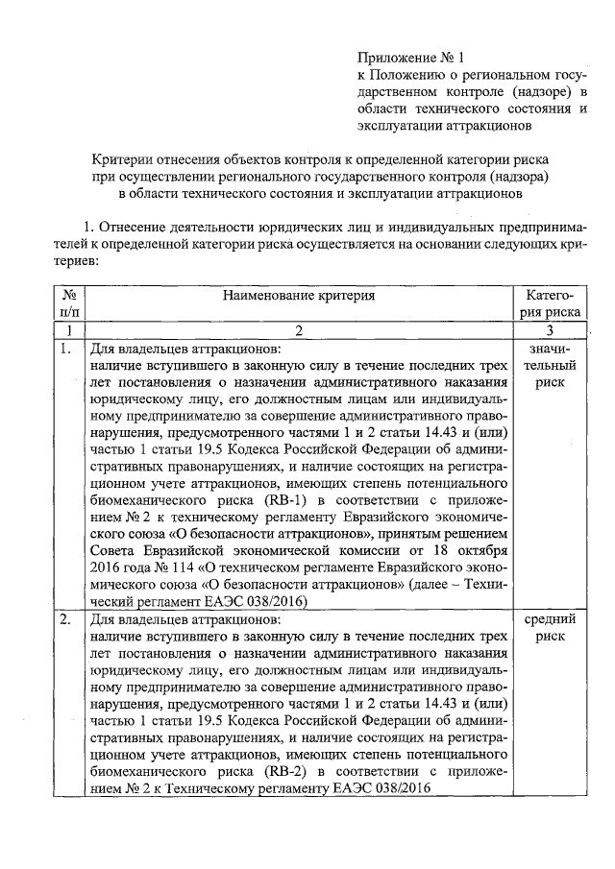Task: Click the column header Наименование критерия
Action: [299, 296]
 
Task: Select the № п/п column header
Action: [66, 303]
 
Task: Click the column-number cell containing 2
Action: [299, 329]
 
